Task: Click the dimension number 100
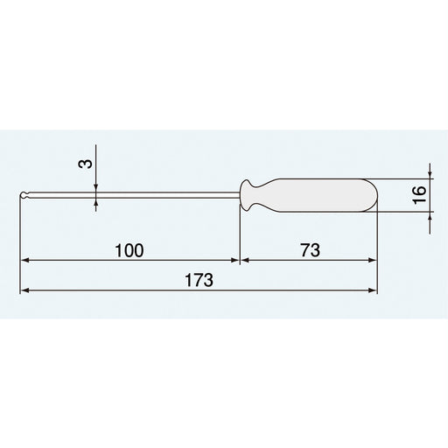coord(129,249)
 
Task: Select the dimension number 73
coord(309,249)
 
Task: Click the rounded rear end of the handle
coord(373,195)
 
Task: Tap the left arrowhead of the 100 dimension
coord(26,260)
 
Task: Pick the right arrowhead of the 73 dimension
coord(374,260)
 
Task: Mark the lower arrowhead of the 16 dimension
coord(430,215)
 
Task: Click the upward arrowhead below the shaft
coord(95,202)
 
